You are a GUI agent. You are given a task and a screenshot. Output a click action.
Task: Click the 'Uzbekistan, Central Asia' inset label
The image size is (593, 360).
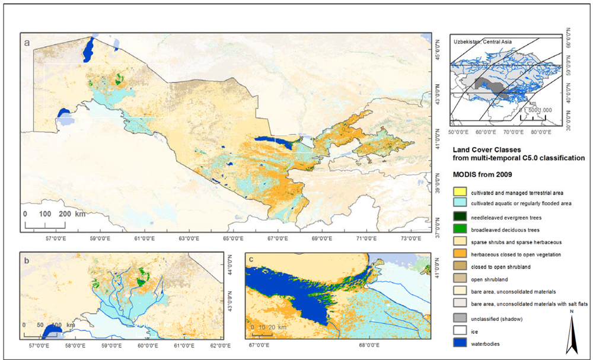(482, 42)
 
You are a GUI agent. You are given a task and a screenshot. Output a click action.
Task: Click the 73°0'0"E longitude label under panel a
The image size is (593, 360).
(412, 238)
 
